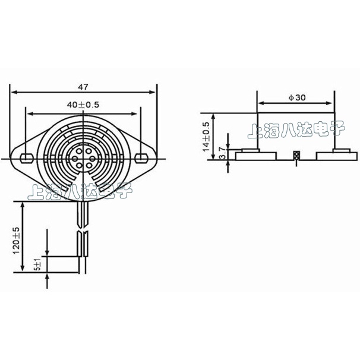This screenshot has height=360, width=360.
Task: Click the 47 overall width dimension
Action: (84, 86)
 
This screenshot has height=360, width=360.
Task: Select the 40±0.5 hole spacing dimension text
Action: (83, 105)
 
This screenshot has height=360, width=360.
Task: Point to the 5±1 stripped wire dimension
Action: (37, 264)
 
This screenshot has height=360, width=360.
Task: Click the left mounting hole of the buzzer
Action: (27, 158)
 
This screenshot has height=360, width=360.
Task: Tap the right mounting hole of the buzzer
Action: (141, 158)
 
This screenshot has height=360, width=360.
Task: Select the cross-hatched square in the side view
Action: (296, 156)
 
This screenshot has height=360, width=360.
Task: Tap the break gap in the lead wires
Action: (83, 229)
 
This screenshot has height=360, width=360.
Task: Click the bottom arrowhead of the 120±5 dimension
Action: (23, 274)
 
